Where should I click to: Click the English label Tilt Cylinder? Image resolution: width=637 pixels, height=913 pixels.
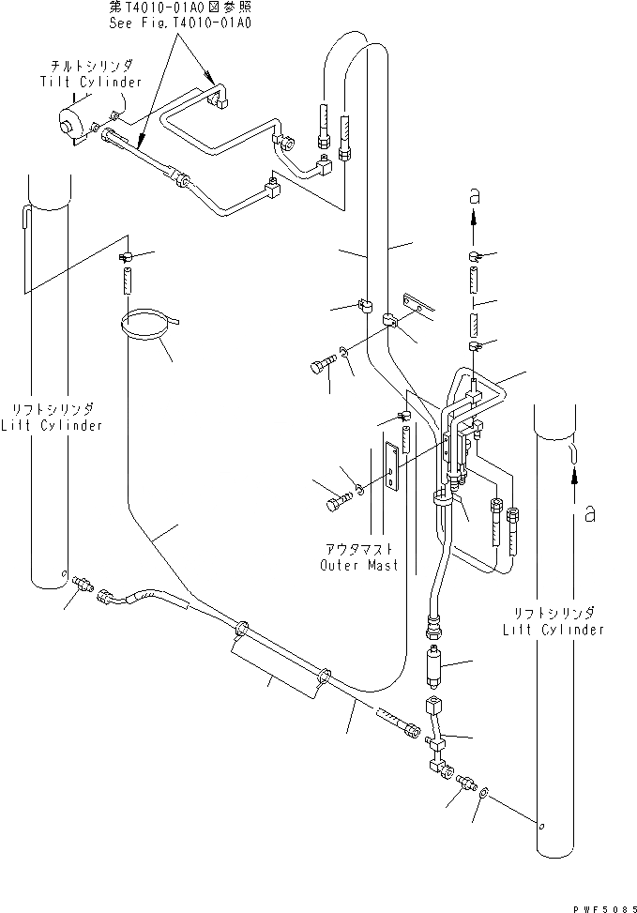click(x=90, y=83)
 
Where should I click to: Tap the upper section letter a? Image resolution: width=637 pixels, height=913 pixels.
click(x=476, y=193)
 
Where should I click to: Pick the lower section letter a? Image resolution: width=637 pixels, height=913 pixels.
click(x=588, y=513)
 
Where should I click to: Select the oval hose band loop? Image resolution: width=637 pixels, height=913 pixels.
click(x=148, y=325)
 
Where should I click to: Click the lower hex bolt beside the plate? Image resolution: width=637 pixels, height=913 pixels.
click(x=337, y=503)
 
